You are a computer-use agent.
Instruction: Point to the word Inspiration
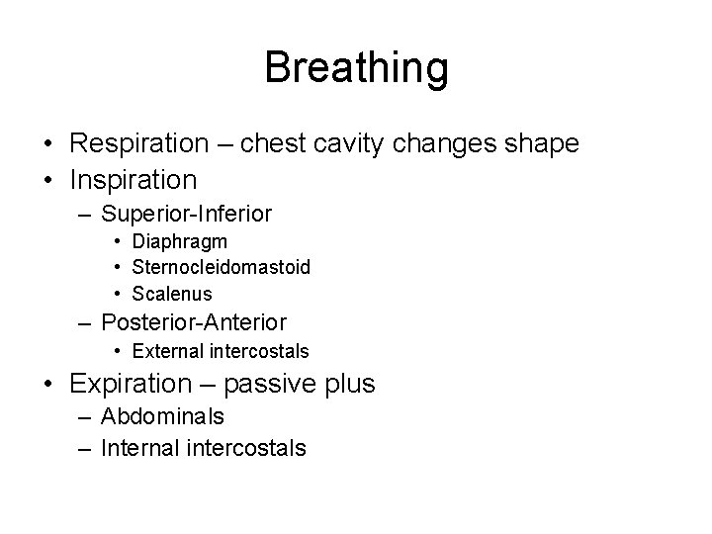133,180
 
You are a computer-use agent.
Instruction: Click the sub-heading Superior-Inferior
187,214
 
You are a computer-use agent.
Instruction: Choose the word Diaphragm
179,241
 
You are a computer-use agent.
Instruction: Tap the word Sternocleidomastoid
221,267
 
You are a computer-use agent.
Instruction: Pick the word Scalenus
171,294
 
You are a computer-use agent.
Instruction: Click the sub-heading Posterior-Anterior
194,322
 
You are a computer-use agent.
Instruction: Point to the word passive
271,384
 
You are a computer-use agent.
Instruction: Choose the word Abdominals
163,416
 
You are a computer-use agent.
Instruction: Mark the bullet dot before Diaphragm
118,242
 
